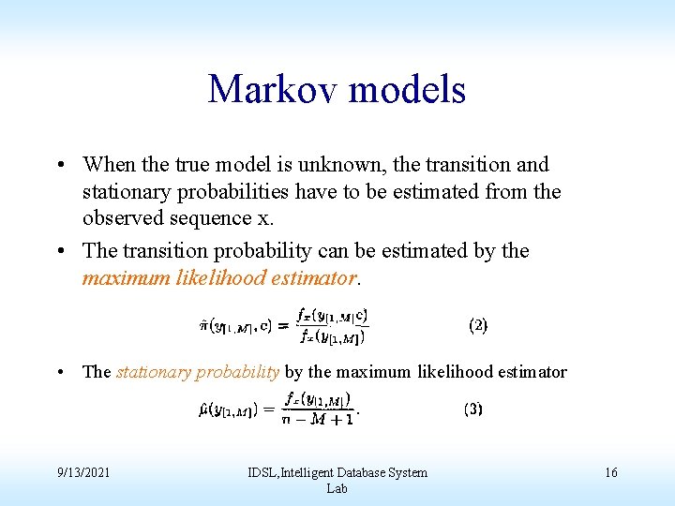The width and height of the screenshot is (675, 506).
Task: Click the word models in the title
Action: click(x=406, y=90)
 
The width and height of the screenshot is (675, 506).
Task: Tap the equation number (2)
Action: click(x=477, y=325)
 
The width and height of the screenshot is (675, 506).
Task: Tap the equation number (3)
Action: click(x=472, y=409)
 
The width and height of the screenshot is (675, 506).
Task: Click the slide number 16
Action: click(x=610, y=472)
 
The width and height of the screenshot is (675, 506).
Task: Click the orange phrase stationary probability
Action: click(x=197, y=372)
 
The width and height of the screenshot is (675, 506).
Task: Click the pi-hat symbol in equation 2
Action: click(x=203, y=325)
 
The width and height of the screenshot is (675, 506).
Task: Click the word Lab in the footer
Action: click(x=337, y=488)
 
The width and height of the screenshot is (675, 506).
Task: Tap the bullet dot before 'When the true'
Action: click(x=59, y=165)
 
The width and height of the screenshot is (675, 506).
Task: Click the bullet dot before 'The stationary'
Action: click(x=59, y=372)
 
